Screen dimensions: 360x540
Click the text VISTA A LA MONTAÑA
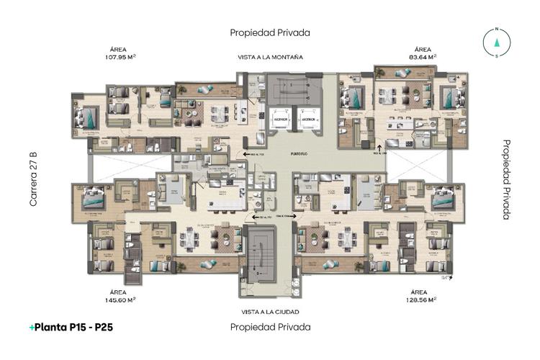tap(270, 57)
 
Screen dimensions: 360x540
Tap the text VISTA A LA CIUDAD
tap(270, 312)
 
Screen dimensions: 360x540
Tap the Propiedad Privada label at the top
tap(270, 32)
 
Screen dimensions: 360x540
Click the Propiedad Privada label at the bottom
tap(270, 327)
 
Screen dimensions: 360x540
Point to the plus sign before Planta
tap(32, 327)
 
